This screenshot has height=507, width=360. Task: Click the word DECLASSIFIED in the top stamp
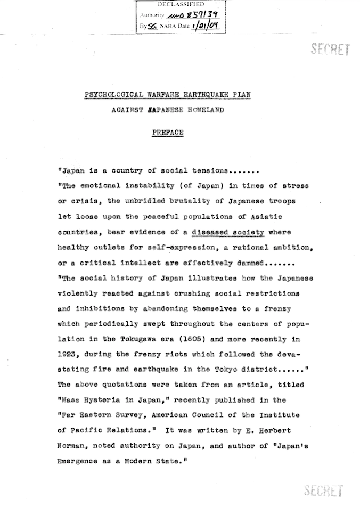point(181,4)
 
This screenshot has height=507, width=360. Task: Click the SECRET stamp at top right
point(331,50)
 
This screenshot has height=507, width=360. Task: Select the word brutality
point(191,202)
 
